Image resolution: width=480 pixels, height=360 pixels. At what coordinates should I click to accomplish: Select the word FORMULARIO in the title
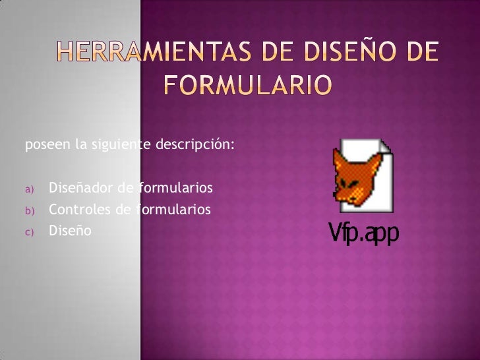tap(247, 85)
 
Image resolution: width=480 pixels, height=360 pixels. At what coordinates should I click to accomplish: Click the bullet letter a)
tap(29, 191)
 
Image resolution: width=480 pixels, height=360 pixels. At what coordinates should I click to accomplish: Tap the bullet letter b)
tap(29, 211)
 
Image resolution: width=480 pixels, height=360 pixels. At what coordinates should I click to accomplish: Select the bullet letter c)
tap(29, 232)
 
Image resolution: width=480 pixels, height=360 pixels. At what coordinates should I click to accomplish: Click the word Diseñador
tap(81, 190)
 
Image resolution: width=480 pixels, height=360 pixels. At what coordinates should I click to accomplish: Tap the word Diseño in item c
tap(70, 231)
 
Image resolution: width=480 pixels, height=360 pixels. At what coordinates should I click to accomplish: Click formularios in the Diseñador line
tap(175, 190)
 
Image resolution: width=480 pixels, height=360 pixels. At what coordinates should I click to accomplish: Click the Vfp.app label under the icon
tap(363, 234)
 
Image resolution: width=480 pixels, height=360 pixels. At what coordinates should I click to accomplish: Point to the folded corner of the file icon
tap(385, 146)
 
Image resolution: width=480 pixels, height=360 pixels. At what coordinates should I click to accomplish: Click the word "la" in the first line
tap(80, 146)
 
